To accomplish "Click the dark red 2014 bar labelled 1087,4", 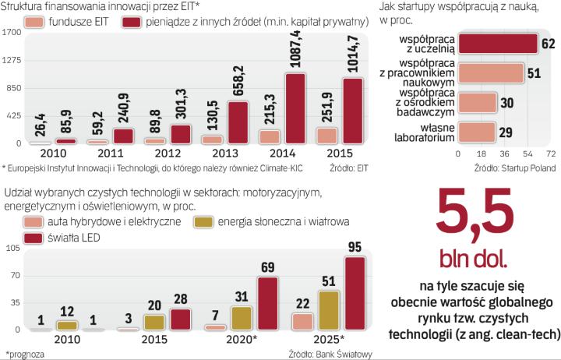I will point(295,109).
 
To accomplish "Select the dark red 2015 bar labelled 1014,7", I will point(353,111).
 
